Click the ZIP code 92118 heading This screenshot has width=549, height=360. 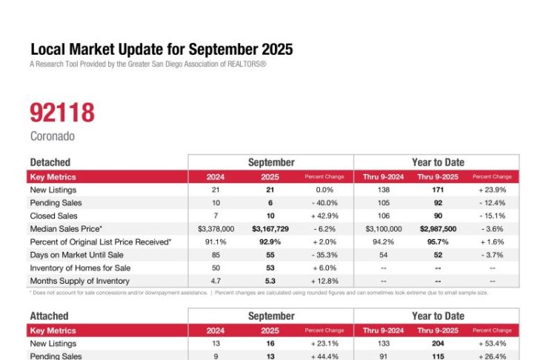coord(62,113)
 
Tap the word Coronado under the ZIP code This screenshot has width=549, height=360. coord(52,136)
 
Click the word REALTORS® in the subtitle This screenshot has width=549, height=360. coord(243,64)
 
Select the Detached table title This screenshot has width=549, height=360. coord(50,162)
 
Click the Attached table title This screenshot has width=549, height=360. coord(49,316)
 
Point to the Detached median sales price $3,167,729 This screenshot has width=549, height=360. coord(270,229)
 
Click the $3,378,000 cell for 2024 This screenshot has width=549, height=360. coord(216,229)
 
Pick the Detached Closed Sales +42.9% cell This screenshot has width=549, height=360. coord(325,216)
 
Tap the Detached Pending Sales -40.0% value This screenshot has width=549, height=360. coord(325,203)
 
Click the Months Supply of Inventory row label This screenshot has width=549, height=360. coord(79,281)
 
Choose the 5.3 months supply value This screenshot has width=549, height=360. coord(270,281)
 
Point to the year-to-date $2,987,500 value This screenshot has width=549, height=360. coord(436,229)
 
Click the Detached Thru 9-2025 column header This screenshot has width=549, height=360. coord(436,177)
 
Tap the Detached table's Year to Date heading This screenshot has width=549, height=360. coord(436,162)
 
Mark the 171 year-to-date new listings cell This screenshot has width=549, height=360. coord(436,190)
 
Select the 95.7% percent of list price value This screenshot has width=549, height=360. coord(436,241)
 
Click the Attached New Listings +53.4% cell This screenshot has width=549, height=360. coord(492,344)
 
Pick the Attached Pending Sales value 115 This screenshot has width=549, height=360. coord(436,356)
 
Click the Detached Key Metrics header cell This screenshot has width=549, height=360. coord(53,177)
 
